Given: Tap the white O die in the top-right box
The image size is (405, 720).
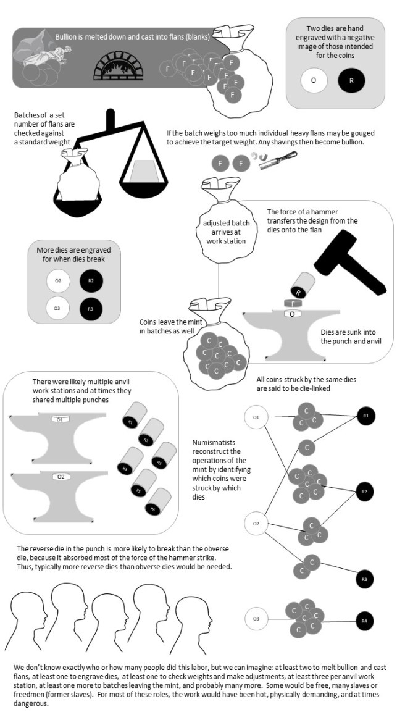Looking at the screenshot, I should coord(314,80).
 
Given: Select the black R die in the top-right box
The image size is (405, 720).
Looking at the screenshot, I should coord(352,80).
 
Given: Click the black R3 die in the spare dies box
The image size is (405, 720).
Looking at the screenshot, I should coord(91,308).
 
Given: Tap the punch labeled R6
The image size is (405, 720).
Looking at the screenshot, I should coord(152,508).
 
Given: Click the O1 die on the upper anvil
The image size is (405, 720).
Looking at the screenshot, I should coord(61,420).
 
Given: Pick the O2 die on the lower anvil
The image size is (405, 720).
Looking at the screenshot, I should coord(61,477).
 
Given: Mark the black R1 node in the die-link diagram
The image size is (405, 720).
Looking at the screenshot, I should coord(365,416).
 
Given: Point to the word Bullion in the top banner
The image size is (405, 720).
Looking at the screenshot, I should coord(67,36).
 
